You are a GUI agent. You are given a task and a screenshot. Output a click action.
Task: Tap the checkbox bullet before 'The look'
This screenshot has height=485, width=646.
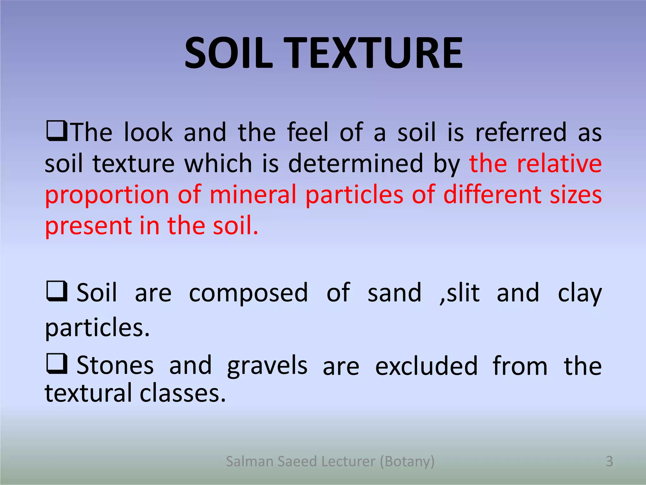(57, 131)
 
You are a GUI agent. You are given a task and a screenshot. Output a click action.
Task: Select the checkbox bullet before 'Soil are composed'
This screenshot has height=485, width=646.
(57, 291)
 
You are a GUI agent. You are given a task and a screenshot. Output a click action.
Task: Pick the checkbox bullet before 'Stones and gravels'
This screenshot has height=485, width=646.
(57, 364)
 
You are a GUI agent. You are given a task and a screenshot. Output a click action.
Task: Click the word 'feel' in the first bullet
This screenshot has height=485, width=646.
(308, 132)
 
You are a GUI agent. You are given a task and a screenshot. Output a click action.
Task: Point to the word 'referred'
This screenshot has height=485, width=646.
(521, 132)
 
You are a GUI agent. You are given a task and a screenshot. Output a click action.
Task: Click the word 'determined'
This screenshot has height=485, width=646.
(355, 163)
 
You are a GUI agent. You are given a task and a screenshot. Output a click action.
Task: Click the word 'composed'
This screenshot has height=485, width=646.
(248, 293)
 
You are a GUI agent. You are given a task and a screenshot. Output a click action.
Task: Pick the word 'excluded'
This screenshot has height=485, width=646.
(426, 366)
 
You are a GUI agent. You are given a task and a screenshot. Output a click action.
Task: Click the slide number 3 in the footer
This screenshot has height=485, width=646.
(609, 461)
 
